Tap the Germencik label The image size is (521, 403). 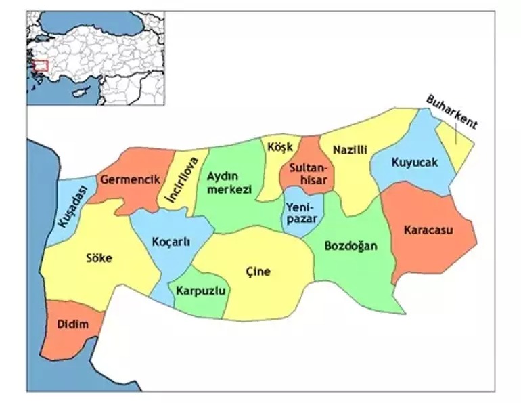[x=131, y=179]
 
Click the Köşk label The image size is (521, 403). [x=280, y=147]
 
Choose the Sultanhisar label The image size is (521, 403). [x=308, y=173]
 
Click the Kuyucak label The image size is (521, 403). [x=414, y=163]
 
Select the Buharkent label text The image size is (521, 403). [x=451, y=112]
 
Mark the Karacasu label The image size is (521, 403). [x=428, y=229]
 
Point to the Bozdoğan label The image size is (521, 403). [x=350, y=245]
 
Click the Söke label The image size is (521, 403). [x=99, y=258]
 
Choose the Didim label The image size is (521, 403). [x=73, y=324]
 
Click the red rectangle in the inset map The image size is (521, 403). [x=41, y=66]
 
